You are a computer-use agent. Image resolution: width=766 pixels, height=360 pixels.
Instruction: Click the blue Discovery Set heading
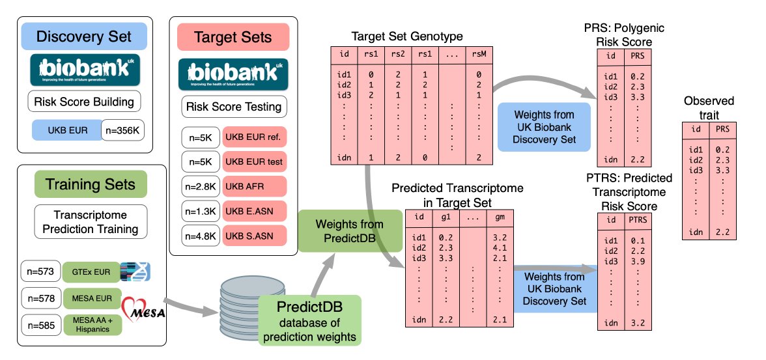(x=83, y=36)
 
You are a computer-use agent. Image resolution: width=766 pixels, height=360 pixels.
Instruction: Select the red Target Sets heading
(x=233, y=37)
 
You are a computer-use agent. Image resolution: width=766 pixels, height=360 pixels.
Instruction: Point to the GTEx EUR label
(x=92, y=269)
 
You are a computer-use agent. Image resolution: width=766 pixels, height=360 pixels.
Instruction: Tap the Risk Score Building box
(x=83, y=102)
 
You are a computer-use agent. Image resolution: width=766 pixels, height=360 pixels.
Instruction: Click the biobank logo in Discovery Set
(x=83, y=70)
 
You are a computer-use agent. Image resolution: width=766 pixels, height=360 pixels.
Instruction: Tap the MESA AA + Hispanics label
(x=92, y=324)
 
